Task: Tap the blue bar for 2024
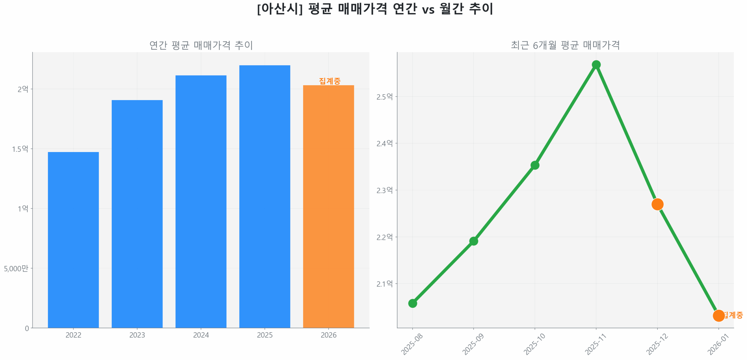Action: (200, 201)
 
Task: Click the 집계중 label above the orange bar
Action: (329, 81)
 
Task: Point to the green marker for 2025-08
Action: (412, 303)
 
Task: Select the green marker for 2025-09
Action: (473, 241)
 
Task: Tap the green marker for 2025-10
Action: (534, 165)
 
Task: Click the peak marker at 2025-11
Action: (596, 64)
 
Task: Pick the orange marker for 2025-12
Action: (657, 204)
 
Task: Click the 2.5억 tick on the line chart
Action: (384, 97)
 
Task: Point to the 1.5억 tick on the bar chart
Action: (20, 149)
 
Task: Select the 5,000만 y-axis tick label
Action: (16, 268)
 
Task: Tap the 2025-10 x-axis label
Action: (534, 344)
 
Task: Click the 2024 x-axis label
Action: (200, 335)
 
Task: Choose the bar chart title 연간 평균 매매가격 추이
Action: (201, 45)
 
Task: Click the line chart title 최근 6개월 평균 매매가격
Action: (565, 45)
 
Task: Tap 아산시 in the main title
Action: (280, 9)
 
